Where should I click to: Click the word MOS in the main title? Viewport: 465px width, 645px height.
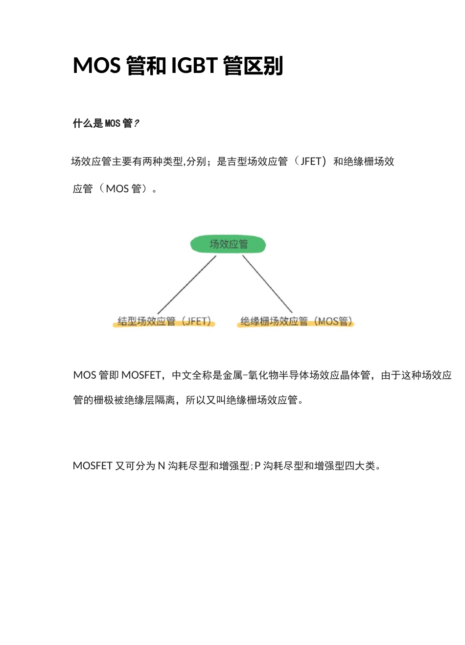97,66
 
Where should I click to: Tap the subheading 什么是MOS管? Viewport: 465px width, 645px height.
106,123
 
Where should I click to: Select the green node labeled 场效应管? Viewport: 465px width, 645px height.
228,244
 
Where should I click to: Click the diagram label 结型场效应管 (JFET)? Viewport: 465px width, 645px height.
164,321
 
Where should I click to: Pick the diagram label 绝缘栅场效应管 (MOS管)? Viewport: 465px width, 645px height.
296,321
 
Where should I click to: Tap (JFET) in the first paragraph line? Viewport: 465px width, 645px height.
310,161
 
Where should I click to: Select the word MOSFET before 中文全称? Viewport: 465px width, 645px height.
141,375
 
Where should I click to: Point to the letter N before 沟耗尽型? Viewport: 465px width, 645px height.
161,466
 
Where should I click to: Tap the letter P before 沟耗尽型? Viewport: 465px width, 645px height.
257,466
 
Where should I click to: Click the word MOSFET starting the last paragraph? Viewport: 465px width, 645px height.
93,466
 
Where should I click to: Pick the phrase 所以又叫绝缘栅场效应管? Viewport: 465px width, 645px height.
242,400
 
